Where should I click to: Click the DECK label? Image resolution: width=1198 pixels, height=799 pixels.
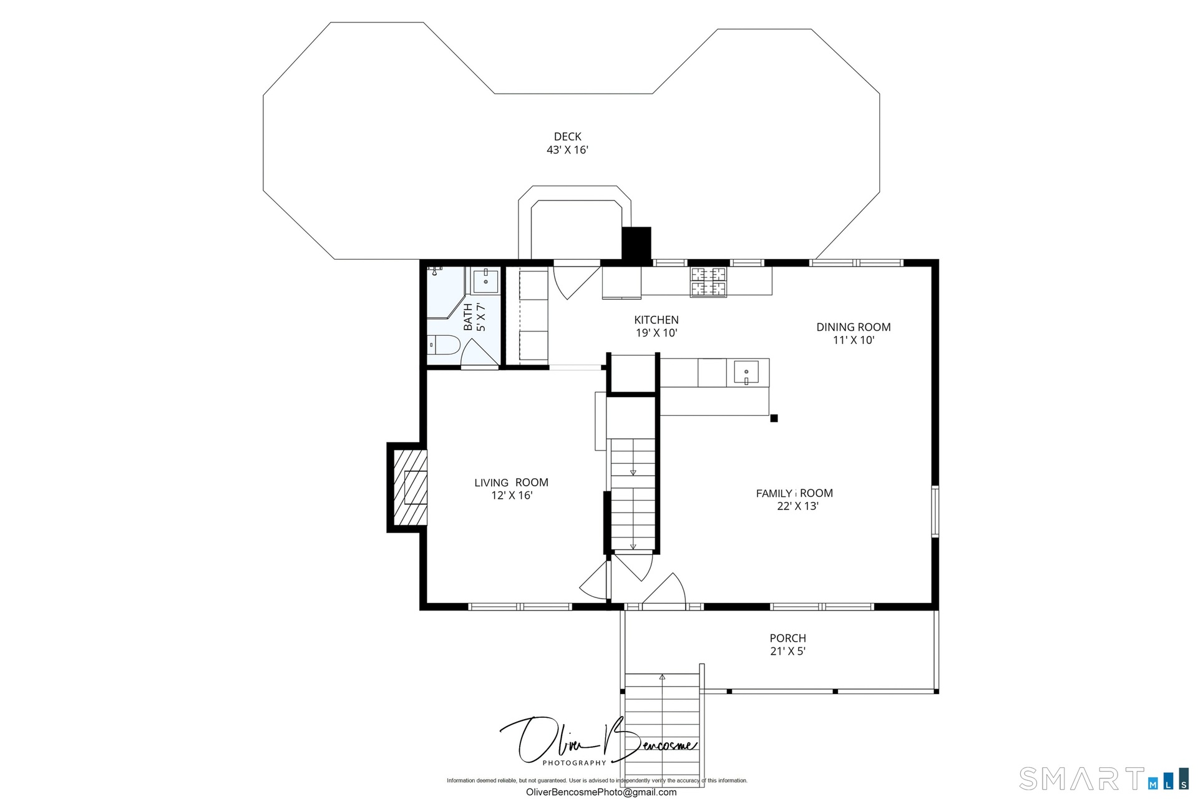[567, 137]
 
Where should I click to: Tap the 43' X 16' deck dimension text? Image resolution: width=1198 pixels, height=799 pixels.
[567, 150]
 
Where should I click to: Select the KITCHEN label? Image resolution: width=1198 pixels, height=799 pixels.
[656, 320]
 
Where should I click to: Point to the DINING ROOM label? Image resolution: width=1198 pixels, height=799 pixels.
[854, 327]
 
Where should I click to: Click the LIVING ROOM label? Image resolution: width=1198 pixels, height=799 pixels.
[511, 483]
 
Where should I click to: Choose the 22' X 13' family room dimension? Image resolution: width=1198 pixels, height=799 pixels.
[797, 506]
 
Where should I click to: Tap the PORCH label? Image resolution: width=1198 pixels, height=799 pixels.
[787, 638]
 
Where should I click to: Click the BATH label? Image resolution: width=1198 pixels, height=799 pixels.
[468, 316]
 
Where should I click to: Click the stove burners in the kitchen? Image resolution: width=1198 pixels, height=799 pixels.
[708, 282]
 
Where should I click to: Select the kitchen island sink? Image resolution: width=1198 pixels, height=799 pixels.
[746, 372]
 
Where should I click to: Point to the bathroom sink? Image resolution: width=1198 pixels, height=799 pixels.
[485, 282]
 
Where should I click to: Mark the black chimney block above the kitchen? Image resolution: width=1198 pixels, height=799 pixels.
[636, 243]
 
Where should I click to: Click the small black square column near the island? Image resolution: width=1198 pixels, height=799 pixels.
[774, 418]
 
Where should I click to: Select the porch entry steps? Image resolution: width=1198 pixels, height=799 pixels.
[662, 727]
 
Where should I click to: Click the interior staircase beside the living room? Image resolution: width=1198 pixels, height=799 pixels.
[633, 494]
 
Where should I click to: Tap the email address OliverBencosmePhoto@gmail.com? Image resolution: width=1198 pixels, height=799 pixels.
[601, 792]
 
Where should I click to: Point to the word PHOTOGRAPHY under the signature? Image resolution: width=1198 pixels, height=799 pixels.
[574, 763]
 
